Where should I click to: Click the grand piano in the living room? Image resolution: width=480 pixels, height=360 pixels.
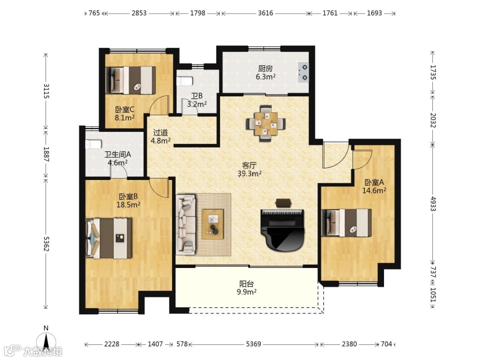point(282,230)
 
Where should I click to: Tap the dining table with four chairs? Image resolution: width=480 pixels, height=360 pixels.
point(266,124)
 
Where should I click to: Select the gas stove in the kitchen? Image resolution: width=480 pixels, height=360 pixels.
point(304,72)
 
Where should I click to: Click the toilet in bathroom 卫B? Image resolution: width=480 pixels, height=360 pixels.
point(184,81)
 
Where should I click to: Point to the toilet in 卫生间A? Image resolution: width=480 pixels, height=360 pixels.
point(93,144)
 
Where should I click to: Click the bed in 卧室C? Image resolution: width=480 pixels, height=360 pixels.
point(131,80)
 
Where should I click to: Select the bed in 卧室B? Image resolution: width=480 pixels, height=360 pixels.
point(109,238)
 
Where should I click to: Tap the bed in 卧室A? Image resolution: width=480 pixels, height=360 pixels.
point(347,223)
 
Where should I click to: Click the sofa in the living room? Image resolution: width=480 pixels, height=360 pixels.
point(186,225)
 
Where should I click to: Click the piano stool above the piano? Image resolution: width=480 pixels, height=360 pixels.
point(283,203)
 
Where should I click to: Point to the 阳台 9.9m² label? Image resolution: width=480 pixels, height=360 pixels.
point(247,288)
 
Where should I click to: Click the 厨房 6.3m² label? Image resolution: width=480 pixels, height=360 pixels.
point(265,72)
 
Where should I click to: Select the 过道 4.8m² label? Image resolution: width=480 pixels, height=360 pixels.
point(160,136)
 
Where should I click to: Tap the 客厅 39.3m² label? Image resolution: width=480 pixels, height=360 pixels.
point(249,170)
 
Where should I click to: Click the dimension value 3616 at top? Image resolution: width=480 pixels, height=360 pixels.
point(265,13)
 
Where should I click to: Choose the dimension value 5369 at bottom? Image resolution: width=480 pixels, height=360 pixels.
point(253,344)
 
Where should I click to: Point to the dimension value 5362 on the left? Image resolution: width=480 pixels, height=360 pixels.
point(46,244)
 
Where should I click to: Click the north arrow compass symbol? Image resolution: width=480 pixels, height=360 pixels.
point(46,340)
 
